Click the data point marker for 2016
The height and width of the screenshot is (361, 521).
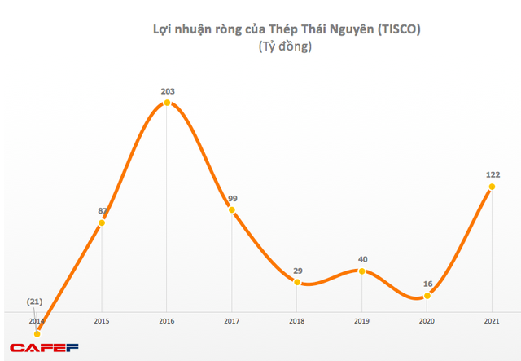point(167,103)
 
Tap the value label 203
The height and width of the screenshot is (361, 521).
point(168,91)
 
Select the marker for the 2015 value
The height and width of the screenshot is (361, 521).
point(102,222)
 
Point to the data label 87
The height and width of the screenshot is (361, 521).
point(103,211)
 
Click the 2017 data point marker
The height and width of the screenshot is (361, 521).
point(232,210)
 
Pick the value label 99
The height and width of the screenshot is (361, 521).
point(232,198)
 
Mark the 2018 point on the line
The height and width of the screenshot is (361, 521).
point(297,282)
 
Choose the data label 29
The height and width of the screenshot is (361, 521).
point(297,270)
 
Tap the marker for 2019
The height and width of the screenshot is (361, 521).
point(362,271)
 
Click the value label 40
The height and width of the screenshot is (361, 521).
point(362,259)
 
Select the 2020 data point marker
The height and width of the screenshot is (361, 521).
point(427,295)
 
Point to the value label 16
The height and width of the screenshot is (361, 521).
point(427,284)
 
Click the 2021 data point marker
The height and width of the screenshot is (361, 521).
point(492,187)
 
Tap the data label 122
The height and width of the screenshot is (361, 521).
point(493,174)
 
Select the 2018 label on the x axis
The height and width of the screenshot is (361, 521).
point(296,321)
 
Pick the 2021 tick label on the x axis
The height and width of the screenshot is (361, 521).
point(492,321)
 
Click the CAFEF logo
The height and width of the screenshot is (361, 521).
point(42,349)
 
